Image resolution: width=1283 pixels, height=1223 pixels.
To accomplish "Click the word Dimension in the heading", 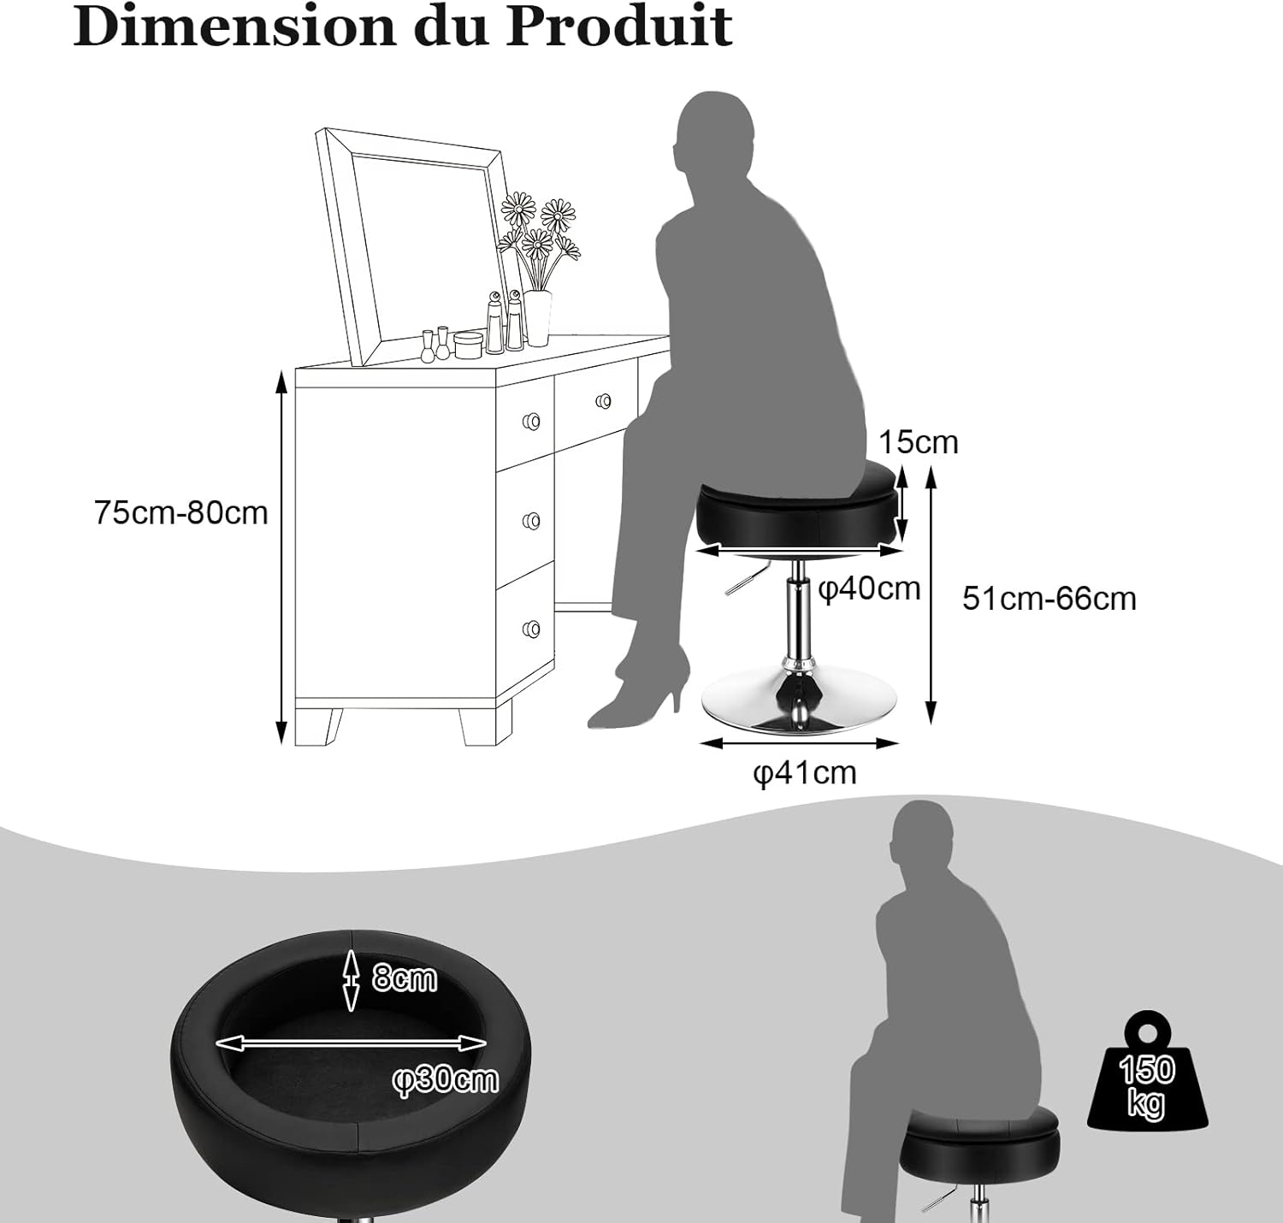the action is click(234, 27).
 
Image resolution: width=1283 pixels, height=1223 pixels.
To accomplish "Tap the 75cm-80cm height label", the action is click(180, 512).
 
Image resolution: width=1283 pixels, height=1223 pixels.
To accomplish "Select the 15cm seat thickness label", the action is click(918, 442).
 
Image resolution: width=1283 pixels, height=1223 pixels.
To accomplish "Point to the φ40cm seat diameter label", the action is click(869, 589).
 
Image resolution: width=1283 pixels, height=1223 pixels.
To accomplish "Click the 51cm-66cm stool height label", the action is click(1049, 599).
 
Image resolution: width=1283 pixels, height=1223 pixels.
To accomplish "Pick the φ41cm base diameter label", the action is click(805, 772).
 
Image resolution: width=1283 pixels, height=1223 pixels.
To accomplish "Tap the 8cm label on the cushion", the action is click(404, 978).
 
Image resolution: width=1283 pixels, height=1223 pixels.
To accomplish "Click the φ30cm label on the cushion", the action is click(445, 1079).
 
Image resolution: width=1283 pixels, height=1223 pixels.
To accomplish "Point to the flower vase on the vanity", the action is click(538, 318).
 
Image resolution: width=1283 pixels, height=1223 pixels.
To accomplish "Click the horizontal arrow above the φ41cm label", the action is click(798, 742).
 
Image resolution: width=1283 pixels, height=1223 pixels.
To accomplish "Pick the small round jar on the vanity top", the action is click(468, 345).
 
